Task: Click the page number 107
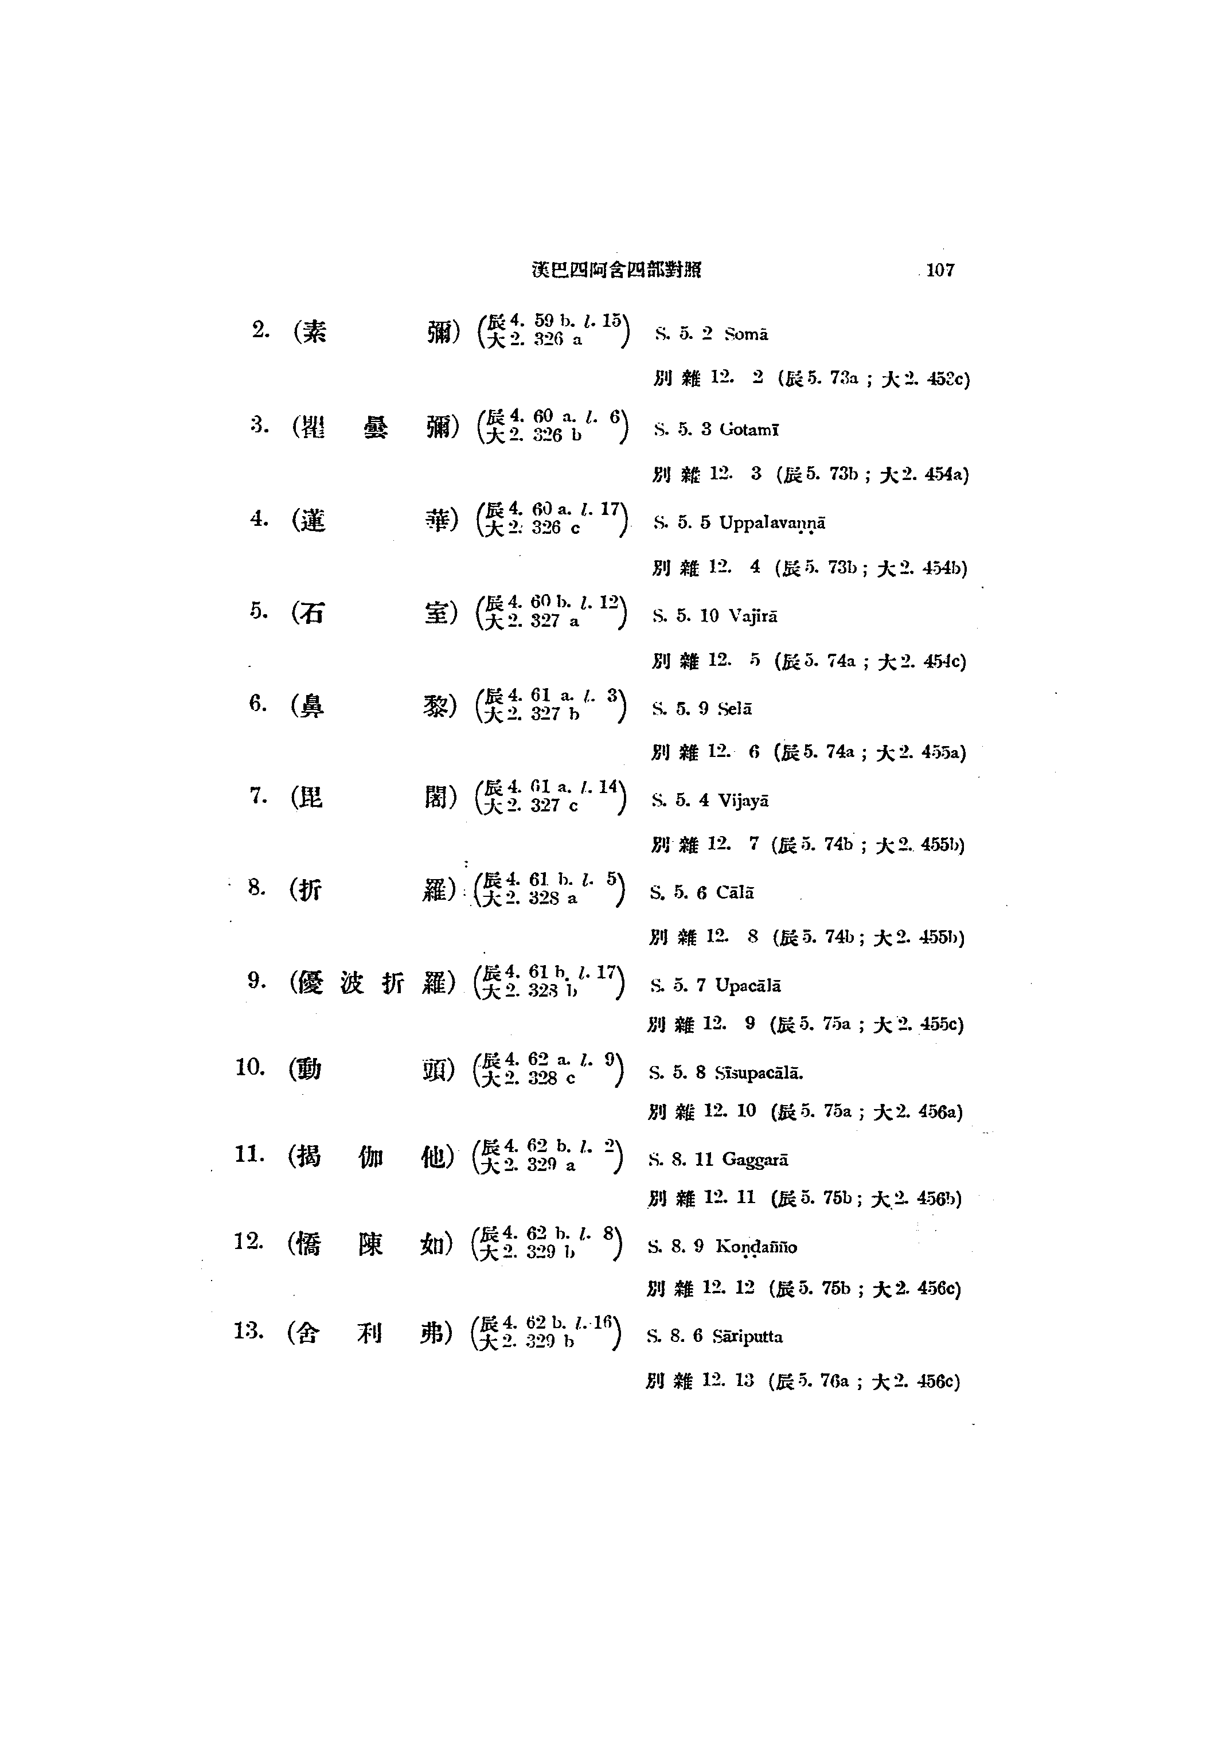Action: pyautogui.click(x=940, y=271)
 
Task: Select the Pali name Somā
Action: pyautogui.click(x=746, y=334)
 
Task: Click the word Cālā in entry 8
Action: pyautogui.click(x=735, y=893)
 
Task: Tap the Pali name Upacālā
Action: pyautogui.click(x=748, y=986)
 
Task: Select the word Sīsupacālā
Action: pyautogui.click(x=758, y=1073)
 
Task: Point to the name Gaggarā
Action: pyautogui.click(x=755, y=1160)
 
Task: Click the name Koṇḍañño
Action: pyautogui.click(x=756, y=1247)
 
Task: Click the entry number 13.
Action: pyautogui.click(x=248, y=1331)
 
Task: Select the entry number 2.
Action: pyautogui.click(x=260, y=330)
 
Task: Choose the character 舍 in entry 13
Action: pyautogui.click(x=306, y=1333)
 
